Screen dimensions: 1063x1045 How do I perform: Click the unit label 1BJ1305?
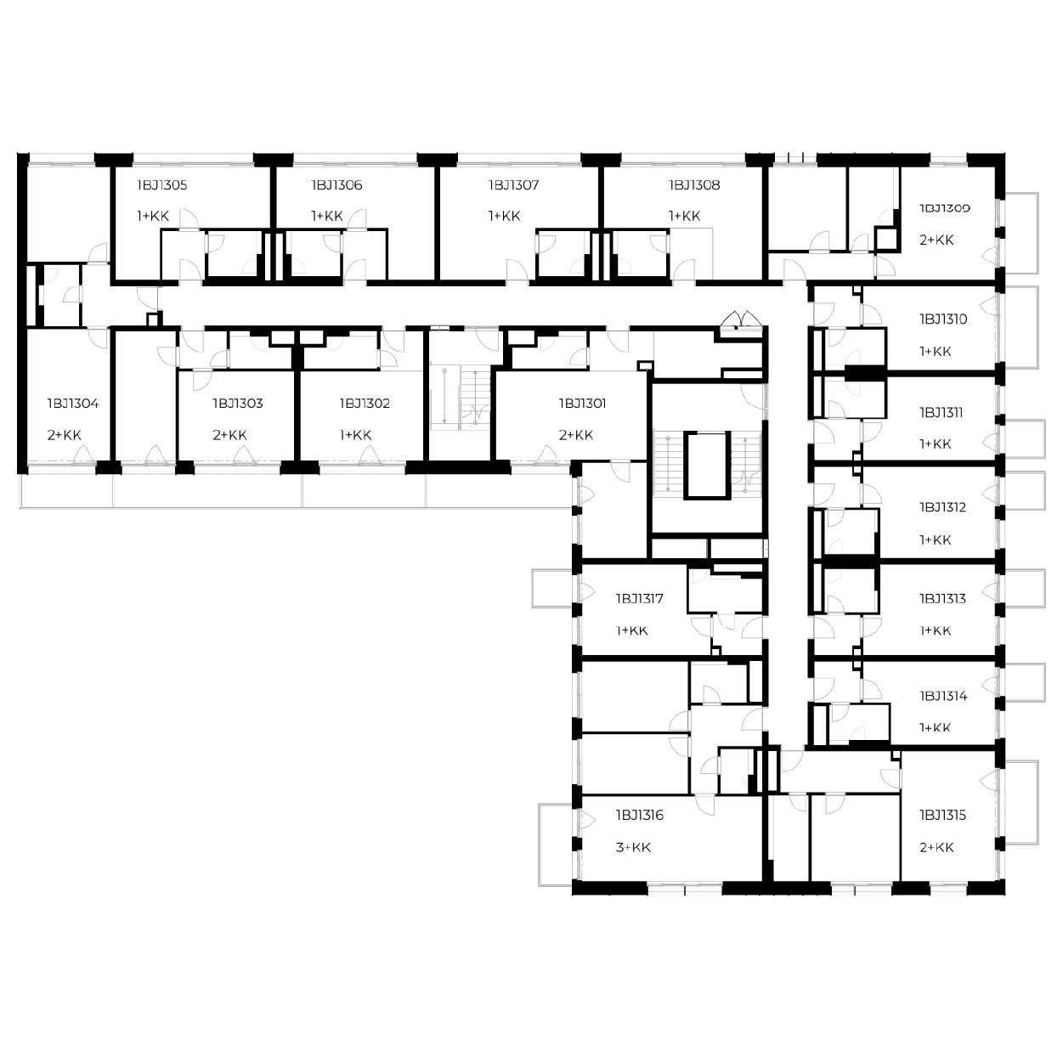[162, 185]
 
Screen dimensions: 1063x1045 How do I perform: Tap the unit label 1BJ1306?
[336, 185]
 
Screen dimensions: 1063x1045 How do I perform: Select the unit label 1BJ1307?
[513, 185]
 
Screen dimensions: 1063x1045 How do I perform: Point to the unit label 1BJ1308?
[694, 185]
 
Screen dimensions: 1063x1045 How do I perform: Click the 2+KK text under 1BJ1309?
[936, 240]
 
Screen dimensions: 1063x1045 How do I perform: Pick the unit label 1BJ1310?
[943, 319]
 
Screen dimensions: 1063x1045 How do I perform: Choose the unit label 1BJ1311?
[941, 413]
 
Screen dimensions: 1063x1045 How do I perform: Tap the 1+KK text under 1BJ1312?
[936, 540]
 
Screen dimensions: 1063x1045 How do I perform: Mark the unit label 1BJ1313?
[942, 599]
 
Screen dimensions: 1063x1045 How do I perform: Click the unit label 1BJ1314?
[943, 697]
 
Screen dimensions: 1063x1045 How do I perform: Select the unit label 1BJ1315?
[942, 815]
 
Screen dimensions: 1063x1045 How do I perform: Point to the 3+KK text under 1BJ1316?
[633, 848]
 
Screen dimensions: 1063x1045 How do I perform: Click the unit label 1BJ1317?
[639, 599]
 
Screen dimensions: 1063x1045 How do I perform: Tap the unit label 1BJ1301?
[583, 404]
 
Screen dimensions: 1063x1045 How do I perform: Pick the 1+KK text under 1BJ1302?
[356, 435]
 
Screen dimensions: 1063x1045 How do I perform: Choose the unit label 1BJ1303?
[238, 404]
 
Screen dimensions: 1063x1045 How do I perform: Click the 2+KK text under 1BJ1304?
[65, 435]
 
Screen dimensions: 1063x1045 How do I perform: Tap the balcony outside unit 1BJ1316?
[556, 844]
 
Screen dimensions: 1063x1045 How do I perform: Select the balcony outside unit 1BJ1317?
[553, 589]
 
